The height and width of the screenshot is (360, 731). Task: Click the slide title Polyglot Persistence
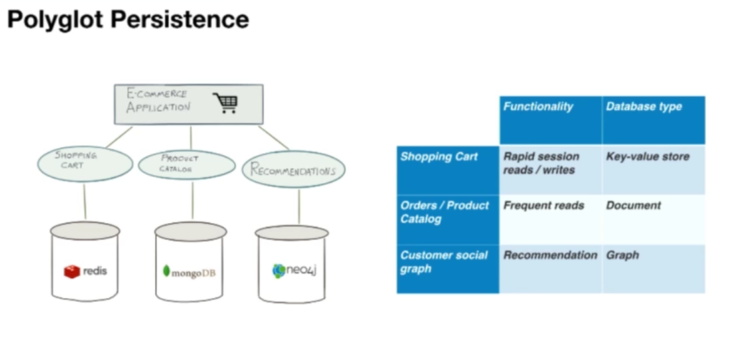128,19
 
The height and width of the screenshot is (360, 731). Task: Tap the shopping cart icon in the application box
225,103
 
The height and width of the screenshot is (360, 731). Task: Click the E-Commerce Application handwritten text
158,101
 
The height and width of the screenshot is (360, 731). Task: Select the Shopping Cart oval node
85,164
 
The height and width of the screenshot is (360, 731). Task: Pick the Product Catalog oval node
186,164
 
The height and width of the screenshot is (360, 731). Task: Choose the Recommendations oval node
293,170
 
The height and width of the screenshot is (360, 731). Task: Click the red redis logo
72,271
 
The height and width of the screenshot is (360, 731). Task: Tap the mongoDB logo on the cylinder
190,272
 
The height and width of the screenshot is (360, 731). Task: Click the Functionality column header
538,107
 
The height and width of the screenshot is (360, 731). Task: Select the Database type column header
643,107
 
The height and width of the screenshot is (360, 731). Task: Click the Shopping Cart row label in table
439,156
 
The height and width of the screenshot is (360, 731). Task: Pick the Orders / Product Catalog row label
444,212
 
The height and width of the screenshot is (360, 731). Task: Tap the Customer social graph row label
443,261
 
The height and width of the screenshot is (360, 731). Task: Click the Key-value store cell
647,156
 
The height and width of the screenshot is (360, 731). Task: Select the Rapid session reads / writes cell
542,163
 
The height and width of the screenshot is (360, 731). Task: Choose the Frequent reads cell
543,206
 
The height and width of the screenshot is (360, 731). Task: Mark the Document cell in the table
633,206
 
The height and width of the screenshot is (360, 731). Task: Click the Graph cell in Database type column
622,255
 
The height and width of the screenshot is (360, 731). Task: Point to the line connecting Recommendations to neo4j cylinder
298,206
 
